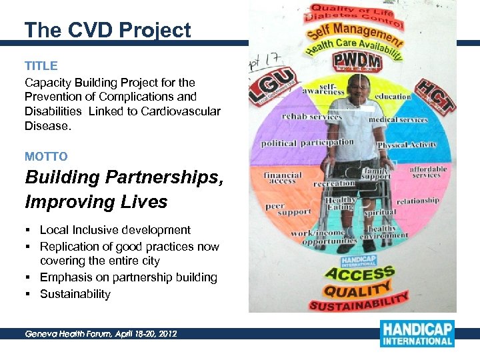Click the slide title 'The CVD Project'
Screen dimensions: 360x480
coord(107,30)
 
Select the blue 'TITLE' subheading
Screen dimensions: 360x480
coord(41,66)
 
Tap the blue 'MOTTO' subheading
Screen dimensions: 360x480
coord(46,157)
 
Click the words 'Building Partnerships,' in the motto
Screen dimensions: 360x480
coord(124,178)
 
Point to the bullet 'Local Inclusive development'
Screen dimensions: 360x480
coord(115,230)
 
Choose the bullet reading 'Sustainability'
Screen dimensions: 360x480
coord(75,294)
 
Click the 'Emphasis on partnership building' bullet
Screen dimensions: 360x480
coord(128,277)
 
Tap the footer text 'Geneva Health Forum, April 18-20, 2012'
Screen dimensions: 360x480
coord(101,333)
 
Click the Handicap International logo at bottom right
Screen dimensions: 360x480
coord(417,333)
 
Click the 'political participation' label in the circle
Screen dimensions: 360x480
coord(307,143)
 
